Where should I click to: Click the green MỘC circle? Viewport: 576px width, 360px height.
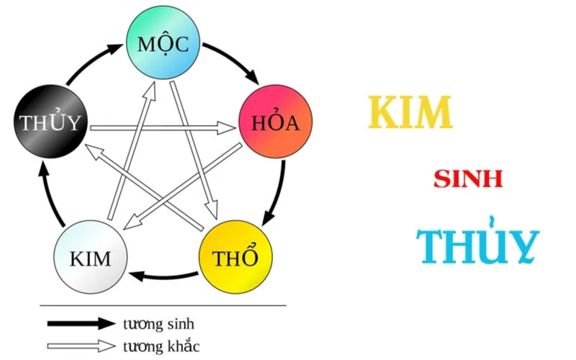[x=163, y=44]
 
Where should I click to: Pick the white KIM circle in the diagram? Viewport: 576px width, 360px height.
[x=91, y=257]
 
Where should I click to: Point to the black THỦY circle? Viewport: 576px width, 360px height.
[x=50, y=122]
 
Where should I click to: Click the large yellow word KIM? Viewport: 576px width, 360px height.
[x=410, y=112]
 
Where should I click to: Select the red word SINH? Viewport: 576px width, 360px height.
[x=468, y=179]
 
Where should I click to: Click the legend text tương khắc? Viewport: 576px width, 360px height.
[x=161, y=346]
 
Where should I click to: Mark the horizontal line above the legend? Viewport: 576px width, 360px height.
[x=163, y=305]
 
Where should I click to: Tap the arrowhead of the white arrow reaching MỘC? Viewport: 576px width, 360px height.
[x=153, y=86]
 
